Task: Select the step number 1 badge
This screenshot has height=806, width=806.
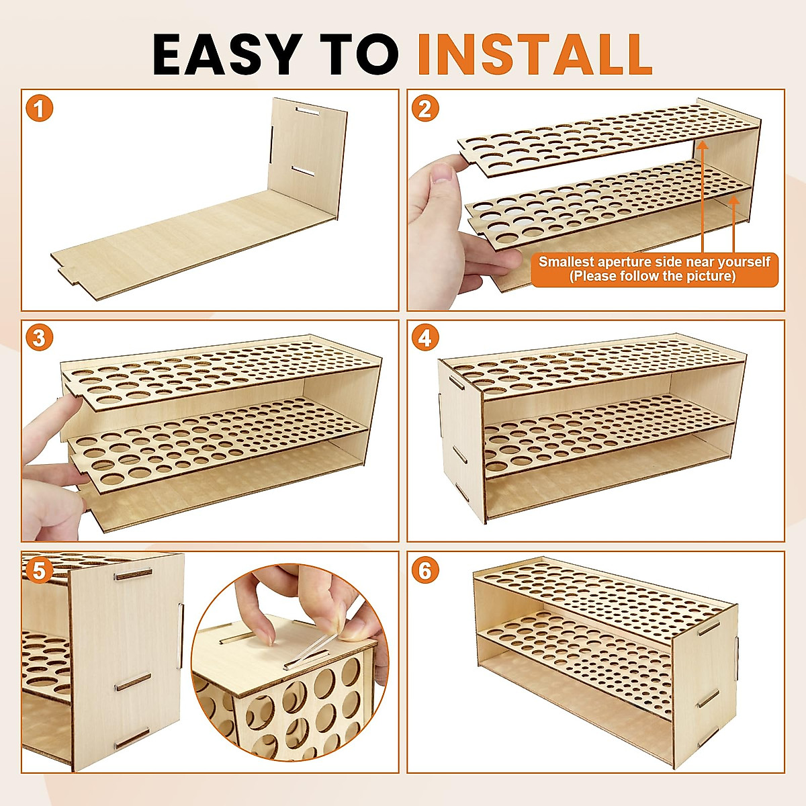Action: [40, 108]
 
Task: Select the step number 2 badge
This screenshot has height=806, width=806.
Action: [425, 108]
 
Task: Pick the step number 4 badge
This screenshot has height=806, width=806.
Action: [425, 338]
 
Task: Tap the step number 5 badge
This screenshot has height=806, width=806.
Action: [40, 570]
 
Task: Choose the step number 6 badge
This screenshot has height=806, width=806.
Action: [425, 570]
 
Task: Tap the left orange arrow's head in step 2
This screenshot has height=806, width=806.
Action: [703, 144]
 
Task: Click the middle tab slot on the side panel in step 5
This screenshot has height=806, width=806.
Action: [133, 682]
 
